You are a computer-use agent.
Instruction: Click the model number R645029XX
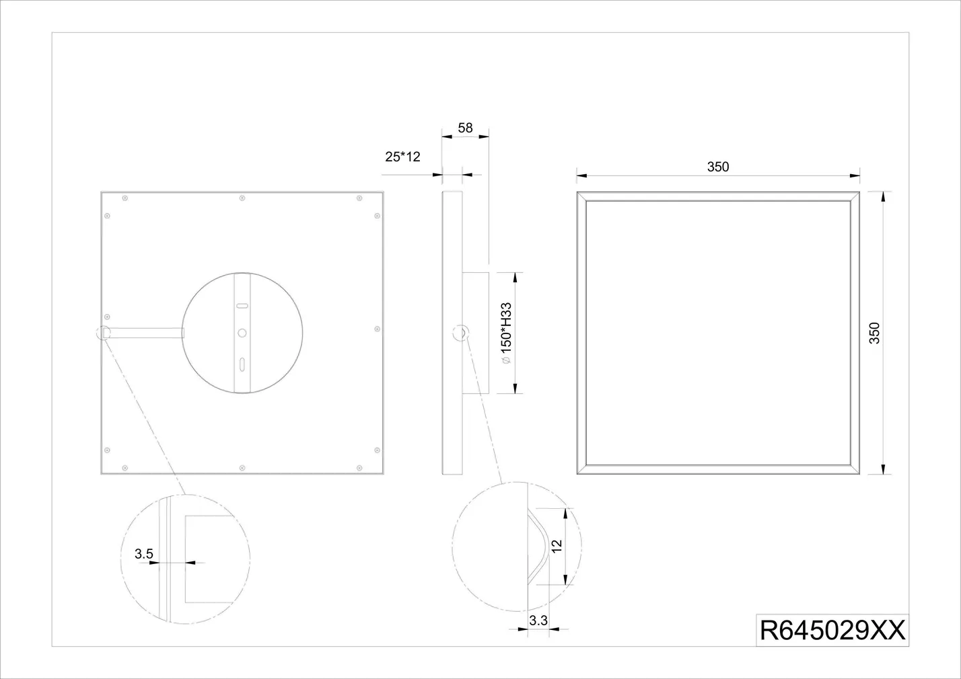pyautogui.click(x=832, y=630)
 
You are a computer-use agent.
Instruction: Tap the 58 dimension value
pyautogui.click(x=465, y=128)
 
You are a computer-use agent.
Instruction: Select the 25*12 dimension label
pyautogui.click(x=402, y=157)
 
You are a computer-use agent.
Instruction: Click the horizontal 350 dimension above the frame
pyautogui.click(x=718, y=167)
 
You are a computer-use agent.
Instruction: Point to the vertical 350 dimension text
pyautogui.click(x=874, y=333)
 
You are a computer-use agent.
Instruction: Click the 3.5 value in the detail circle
pyautogui.click(x=144, y=554)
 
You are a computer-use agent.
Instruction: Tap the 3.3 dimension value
pyautogui.click(x=538, y=621)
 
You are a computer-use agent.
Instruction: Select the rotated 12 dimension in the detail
pyautogui.click(x=557, y=546)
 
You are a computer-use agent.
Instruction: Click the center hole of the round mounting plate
pyautogui.click(x=242, y=333)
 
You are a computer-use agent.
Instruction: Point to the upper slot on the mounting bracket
pyautogui.click(x=242, y=306)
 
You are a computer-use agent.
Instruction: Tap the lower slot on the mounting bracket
pyautogui.click(x=242, y=364)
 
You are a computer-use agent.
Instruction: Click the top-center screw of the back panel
pyautogui.click(x=242, y=198)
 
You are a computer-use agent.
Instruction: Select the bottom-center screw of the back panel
pyautogui.click(x=242, y=468)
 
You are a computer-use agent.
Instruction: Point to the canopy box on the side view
pyautogui.click(x=475, y=333)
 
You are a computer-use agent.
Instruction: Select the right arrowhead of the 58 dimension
pyautogui.click(x=484, y=136)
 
